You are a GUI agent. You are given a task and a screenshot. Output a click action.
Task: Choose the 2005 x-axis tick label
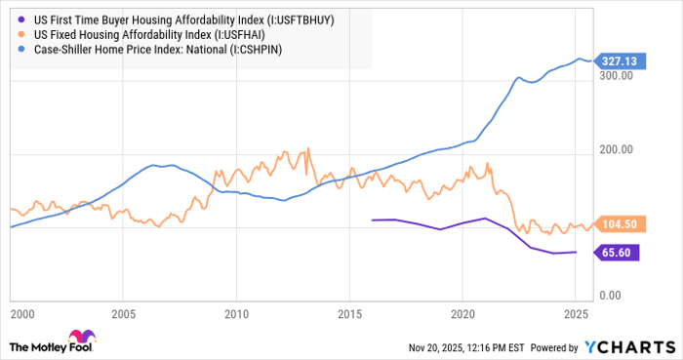(x=123, y=316)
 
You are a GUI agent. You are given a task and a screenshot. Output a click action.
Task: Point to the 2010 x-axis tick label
(x=235, y=316)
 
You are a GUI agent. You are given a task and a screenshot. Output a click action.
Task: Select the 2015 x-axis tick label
(x=348, y=316)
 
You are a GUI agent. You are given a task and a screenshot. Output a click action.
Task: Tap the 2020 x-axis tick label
(x=462, y=316)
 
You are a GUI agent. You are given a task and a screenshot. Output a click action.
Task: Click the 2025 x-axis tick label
(x=576, y=316)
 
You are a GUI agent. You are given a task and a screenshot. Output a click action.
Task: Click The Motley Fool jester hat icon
(x=20, y=345)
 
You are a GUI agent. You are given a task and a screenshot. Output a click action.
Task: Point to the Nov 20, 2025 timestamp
(x=455, y=346)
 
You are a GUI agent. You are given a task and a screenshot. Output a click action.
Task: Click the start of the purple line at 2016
(x=372, y=220)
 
